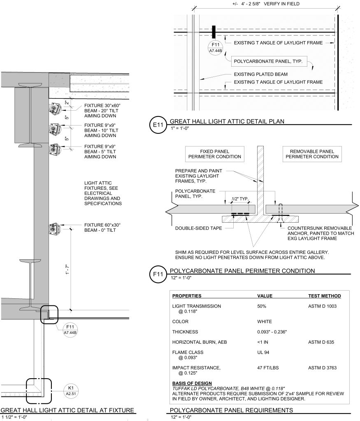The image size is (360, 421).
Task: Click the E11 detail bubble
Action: (158, 125)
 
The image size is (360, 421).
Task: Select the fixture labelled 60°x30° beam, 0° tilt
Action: (55, 228)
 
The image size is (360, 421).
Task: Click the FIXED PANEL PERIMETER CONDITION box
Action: (214, 154)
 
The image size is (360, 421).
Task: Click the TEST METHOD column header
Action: (324, 296)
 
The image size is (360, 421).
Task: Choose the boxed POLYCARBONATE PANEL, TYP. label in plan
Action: (268, 62)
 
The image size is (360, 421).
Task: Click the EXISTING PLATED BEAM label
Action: (260, 74)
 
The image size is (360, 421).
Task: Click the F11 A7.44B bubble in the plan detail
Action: (216, 47)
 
